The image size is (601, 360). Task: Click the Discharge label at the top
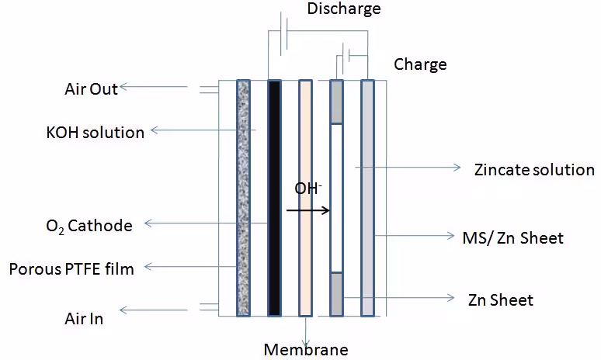[344, 9]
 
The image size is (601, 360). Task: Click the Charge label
[420, 64]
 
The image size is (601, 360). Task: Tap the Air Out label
[91, 88]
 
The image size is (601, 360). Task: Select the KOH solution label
[95, 132]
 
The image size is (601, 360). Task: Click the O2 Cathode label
[89, 226]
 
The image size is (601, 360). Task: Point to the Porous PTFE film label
[71, 269]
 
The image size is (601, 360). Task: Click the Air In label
[84, 317]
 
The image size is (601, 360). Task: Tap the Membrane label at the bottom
[306, 348]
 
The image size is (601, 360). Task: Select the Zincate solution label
[534, 169]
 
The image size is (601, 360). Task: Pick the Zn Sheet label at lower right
[501, 299]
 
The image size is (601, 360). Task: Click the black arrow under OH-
[307, 209]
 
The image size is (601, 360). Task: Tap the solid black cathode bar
[273, 198]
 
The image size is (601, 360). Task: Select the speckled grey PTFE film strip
[243, 198]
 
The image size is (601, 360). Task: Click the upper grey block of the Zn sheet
[336, 102]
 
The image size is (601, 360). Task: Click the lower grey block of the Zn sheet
[336, 294]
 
